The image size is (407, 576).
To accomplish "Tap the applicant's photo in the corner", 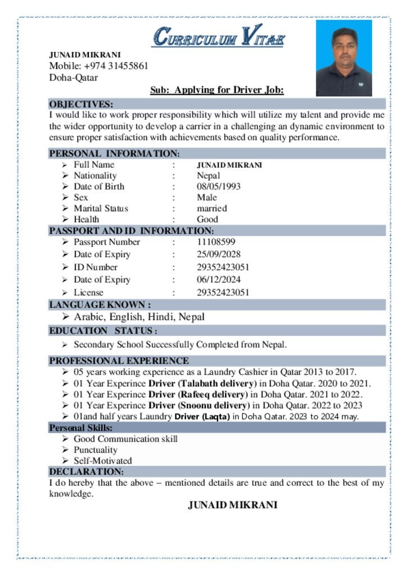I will click(x=343, y=58).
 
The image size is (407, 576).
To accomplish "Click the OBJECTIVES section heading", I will click(x=81, y=104).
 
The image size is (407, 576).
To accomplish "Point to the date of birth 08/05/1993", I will click(x=219, y=186).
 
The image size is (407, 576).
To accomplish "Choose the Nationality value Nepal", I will click(x=208, y=175).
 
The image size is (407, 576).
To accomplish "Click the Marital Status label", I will click(x=101, y=208).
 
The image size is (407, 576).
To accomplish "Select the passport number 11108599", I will click(x=216, y=242).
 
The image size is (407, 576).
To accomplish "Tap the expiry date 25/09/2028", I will click(x=219, y=254).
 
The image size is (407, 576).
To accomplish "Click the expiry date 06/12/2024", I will click(x=219, y=280).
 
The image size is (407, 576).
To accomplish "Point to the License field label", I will click(x=88, y=292).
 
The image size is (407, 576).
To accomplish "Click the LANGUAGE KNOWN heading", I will click(x=100, y=305).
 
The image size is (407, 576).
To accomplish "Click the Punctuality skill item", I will click(x=96, y=450).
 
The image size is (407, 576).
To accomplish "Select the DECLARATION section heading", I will click(x=86, y=471).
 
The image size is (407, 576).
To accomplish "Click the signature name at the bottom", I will click(x=232, y=505).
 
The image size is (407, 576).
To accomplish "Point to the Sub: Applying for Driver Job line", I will click(x=216, y=90).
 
